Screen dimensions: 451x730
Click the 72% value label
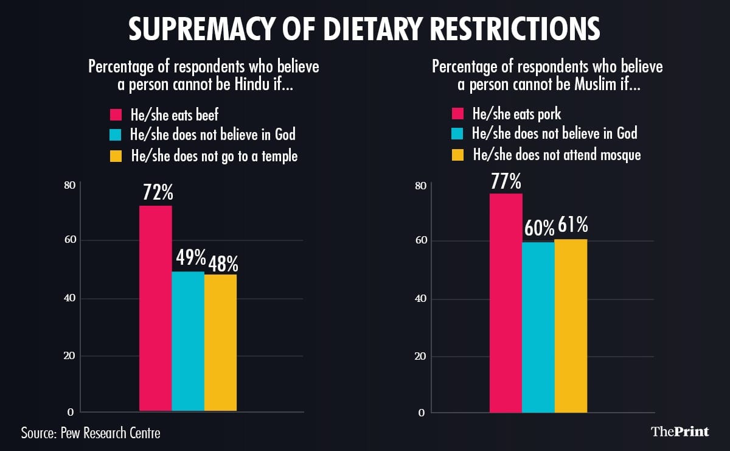[158, 194]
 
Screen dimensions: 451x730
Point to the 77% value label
[507, 181]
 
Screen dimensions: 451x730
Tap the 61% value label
[572, 226]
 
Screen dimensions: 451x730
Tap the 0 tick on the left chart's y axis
[71, 413]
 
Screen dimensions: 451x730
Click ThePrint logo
[680, 432]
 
